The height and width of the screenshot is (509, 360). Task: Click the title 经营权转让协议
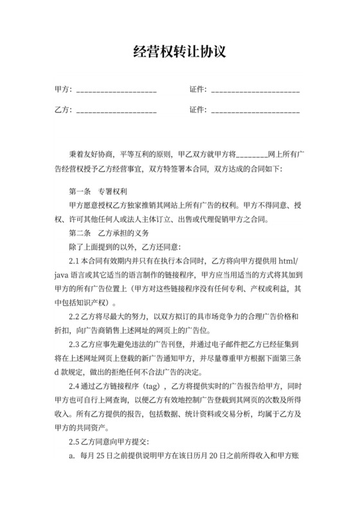tap(180, 51)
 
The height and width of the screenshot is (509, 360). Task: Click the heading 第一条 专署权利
tap(98, 192)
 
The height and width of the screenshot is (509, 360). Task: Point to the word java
tap(62, 275)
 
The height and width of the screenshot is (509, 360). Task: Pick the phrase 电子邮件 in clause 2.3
tap(219, 344)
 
